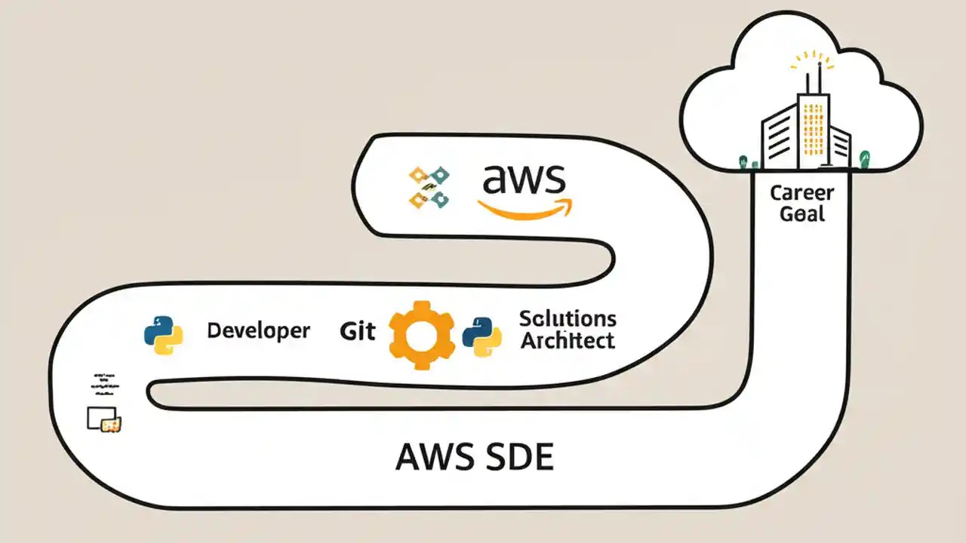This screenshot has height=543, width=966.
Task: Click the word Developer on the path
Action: point(258,330)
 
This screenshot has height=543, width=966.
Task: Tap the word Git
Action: point(357,330)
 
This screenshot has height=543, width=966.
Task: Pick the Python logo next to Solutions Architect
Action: point(482,336)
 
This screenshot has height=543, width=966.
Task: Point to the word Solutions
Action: point(568,318)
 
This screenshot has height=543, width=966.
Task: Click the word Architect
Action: point(568,341)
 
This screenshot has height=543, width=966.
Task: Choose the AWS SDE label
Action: point(474,457)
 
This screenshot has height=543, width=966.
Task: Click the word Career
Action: point(801,193)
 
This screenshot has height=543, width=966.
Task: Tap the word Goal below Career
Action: point(801,214)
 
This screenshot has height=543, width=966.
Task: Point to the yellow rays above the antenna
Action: point(812,60)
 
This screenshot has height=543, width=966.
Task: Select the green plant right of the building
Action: point(865,158)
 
